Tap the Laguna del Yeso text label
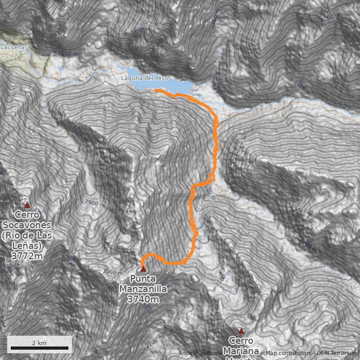(x=144, y=78)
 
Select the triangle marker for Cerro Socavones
(x=27, y=205)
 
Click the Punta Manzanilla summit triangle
(x=143, y=269)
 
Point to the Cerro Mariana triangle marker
(x=241, y=331)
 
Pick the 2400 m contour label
(x=302, y=87)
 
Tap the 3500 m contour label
(x=112, y=272)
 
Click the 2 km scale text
(x=39, y=343)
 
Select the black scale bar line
(x=40, y=348)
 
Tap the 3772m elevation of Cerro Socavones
(x=27, y=256)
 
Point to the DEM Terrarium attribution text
(x=337, y=353)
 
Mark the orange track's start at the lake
(x=156, y=90)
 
